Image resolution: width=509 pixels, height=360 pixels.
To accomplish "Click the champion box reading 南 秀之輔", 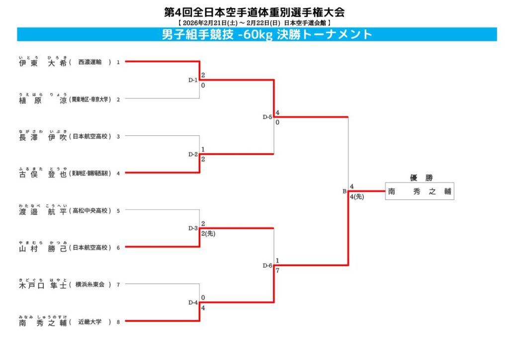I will click(420, 191).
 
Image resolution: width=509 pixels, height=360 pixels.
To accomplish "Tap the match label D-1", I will click(193, 80).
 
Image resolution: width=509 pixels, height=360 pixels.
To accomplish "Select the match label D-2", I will click(193, 154).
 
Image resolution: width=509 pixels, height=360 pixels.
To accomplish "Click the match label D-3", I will click(193, 228).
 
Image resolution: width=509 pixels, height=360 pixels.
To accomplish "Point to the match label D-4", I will click(193, 302).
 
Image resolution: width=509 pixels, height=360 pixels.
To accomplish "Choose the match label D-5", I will click(267, 117).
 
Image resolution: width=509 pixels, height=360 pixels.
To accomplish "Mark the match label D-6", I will click(267, 266).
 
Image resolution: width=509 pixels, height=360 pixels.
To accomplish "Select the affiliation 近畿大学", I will click(90, 322).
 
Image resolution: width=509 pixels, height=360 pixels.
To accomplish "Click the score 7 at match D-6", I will click(277, 270).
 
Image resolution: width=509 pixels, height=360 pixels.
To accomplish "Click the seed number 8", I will click(118, 322).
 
